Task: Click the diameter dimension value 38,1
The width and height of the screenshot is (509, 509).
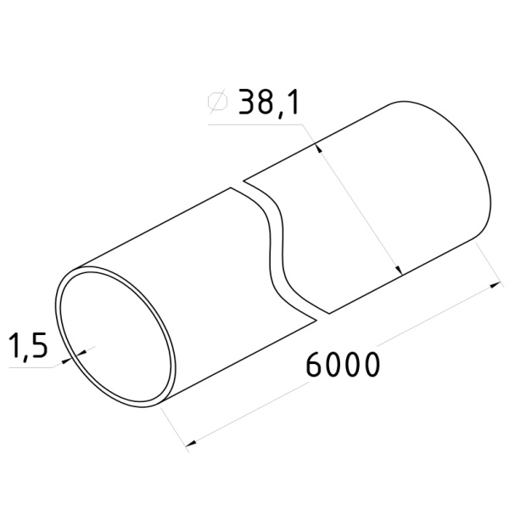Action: point(268,103)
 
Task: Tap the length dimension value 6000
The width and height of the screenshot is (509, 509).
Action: point(343,365)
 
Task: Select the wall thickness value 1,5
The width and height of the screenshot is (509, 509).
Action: point(28,345)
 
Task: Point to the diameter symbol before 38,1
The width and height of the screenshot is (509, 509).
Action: point(218,101)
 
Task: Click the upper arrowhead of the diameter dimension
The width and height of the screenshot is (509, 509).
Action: point(318,148)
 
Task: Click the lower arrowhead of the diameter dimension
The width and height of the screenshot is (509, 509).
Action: point(399,270)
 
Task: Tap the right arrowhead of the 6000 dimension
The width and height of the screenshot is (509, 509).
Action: point(495,285)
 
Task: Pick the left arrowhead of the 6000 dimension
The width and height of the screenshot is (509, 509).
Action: point(191,443)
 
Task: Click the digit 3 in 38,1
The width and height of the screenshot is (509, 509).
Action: point(247,102)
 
